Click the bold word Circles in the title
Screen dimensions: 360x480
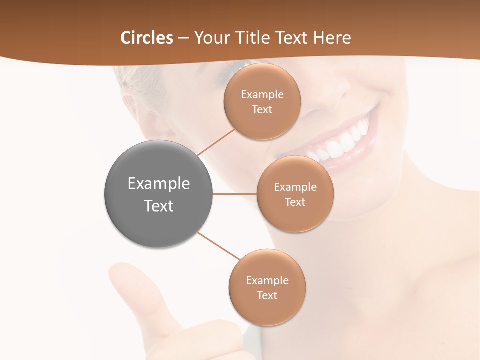pyautogui.click(x=146, y=38)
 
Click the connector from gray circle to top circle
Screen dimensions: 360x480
pyautogui.click(x=215, y=142)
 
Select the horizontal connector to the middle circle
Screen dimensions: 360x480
pyautogui.click(x=234, y=194)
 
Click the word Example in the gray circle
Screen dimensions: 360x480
pyautogui.click(x=159, y=184)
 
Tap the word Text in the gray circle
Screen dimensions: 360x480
pyautogui.click(x=159, y=206)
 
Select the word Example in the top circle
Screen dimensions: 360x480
pyautogui.click(x=262, y=95)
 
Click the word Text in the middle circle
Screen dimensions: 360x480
pyautogui.click(x=295, y=202)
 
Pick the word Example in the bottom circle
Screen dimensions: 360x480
pyautogui.click(x=267, y=281)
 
